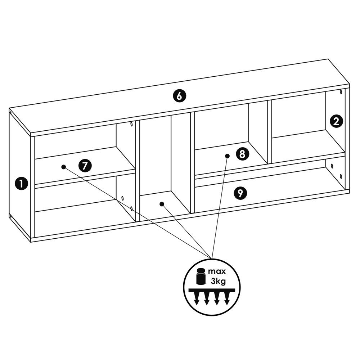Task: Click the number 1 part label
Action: point(21,184)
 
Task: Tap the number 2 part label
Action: point(336,121)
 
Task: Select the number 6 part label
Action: point(179,96)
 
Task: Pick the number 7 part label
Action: point(85,166)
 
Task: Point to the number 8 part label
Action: point(242,154)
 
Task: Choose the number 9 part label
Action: point(240,193)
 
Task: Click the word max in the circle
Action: point(217,271)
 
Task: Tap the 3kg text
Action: point(218,281)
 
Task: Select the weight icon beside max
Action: point(201,276)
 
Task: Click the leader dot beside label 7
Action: point(64,167)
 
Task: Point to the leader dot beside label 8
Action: point(227,156)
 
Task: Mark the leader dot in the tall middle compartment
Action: point(162,204)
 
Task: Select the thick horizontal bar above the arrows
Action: point(212,291)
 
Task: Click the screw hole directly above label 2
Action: point(341,92)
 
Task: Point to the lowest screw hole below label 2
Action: point(341,176)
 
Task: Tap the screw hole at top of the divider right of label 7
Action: point(131,124)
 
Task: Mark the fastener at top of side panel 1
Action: point(10,112)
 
